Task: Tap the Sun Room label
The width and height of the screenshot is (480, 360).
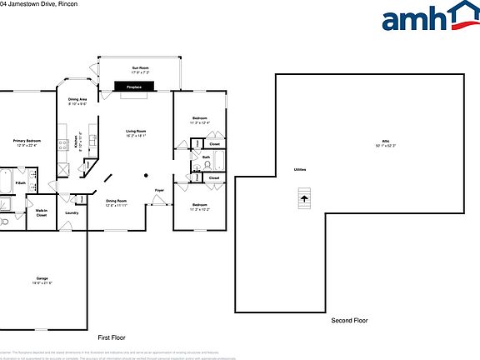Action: tap(139, 68)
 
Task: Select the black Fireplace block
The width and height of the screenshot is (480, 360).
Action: tap(133, 87)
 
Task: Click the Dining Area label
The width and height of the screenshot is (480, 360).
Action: tap(77, 101)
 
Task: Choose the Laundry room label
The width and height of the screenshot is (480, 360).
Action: tap(72, 212)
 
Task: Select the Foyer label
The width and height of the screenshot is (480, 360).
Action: tap(159, 191)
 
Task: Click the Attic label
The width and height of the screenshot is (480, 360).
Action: tap(386, 142)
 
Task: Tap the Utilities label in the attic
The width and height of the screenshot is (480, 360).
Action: tap(299, 169)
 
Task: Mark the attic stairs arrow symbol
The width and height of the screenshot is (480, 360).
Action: tap(305, 197)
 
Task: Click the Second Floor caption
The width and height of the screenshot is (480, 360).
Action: tap(349, 320)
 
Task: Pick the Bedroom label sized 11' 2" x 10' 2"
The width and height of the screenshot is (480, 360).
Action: tap(200, 206)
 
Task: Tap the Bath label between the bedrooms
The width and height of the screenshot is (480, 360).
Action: tap(206, 156)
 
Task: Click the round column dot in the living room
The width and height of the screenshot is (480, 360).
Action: tap(146, 175)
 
